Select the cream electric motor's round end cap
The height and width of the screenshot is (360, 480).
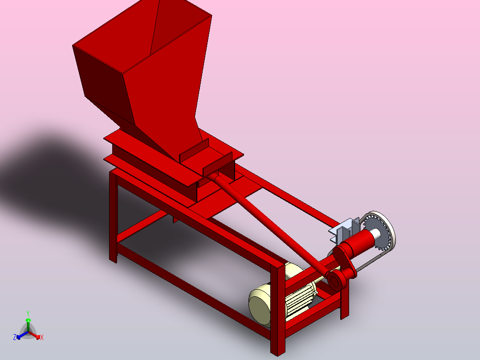pyautogui.click(x=260, y=306)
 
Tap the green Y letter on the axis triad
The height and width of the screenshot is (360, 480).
pyautogui.click(x=28, y=313)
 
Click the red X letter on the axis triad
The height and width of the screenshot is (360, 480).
pyautogui.click(x=42, y=338)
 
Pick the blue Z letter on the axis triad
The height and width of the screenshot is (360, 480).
pyautogui.click(x=15, y=338)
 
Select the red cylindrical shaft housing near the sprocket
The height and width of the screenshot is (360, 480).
pyautogui.click(x=361, y=243)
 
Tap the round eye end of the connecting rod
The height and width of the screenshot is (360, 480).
pyautogui.click(x=334, y=280)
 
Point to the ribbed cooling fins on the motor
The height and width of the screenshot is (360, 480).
pyautogui.click(x=298, y=303)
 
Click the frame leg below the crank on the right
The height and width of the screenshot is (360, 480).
pyautogui.click(x=345, y=303)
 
